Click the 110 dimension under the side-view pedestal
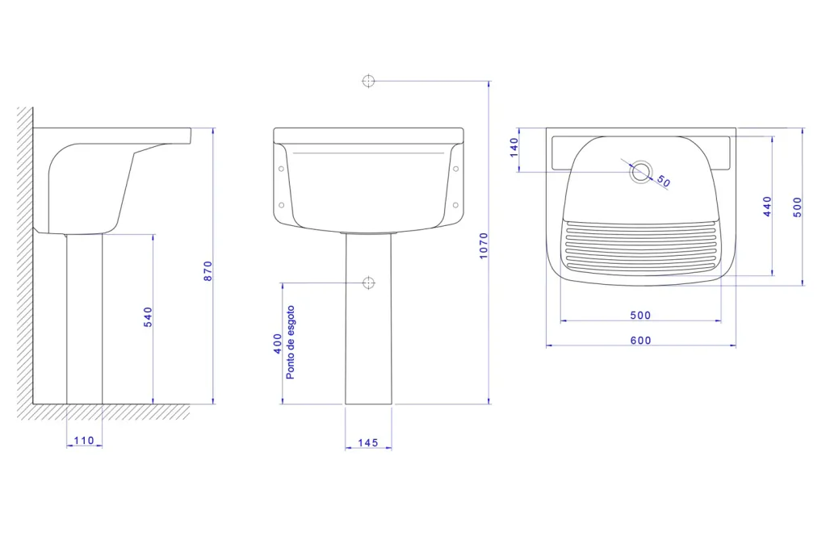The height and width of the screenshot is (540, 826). (84, 441)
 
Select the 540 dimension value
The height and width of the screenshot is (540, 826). (148, 317)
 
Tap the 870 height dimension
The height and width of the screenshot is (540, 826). (208, 270)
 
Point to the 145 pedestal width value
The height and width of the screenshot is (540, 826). (367, 442)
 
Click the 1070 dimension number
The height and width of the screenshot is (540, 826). (484, 245)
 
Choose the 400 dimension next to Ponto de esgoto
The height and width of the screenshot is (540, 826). (278, 344)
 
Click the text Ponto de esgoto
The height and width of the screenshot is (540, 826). (290, 342)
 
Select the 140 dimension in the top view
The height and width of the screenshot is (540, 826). (514, 148)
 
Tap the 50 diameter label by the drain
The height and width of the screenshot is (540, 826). (664, 182)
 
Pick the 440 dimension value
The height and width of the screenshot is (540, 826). (768, 207)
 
